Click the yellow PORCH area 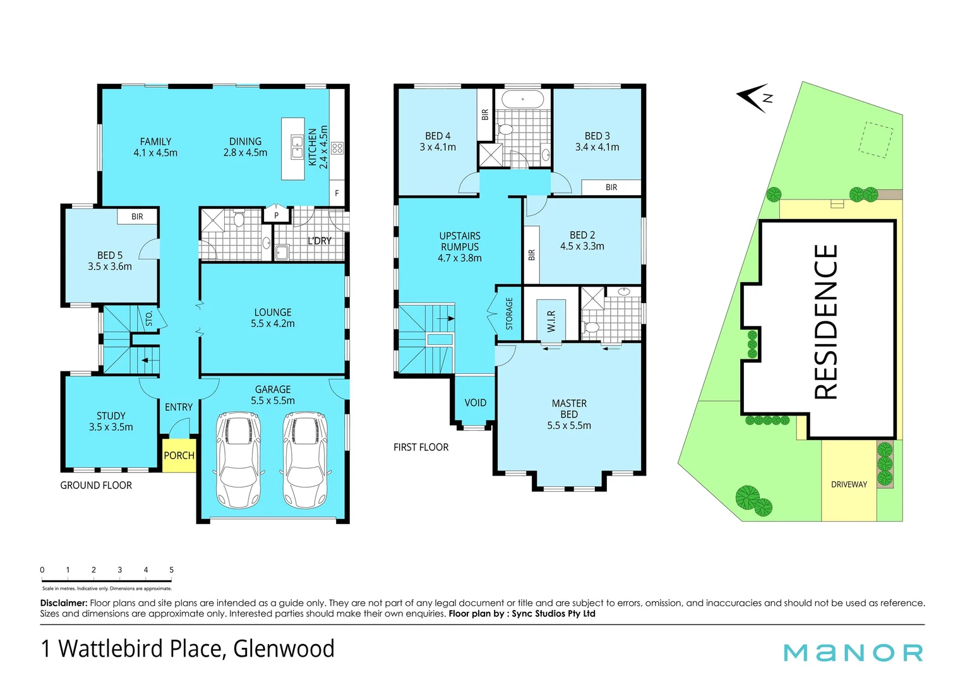pos(179,455)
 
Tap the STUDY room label pos(111,416)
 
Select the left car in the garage pos(238,460)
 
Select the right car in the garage pos(306,460)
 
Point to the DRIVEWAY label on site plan pos(849,484)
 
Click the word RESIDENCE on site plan pos(826,322)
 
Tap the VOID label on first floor pos(476,403)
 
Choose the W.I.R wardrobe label pos(551,321)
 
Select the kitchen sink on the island pos(297,147)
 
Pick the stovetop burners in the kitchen pos(337,148)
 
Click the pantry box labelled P pos(276,215)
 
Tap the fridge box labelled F pos(337,193)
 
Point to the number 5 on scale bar pos(171,570)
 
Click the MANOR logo pos(853,652)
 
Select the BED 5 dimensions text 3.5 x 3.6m pos(110,266)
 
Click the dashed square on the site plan pos(876,140)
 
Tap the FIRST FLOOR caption pos(421,447)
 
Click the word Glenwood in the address pos(284,649)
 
